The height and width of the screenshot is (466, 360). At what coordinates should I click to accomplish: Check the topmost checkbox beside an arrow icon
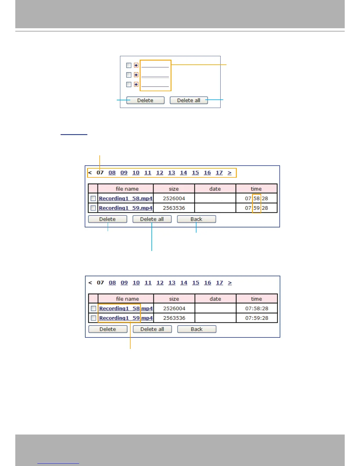click(129, 65)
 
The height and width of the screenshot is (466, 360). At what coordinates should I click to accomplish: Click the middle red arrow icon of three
click(136, 75)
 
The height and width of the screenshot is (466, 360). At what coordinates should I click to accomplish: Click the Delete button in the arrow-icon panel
click(145, 100)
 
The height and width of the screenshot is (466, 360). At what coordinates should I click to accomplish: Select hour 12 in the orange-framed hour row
click(160, 173)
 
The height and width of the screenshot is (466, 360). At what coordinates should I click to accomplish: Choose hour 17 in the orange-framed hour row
click(219, 173)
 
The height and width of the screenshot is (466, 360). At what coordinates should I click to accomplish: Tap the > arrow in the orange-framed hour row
click(230, 173)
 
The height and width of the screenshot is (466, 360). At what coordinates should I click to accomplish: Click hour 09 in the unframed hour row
click(124, 283)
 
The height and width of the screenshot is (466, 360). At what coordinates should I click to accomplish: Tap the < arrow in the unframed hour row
click(90, 283)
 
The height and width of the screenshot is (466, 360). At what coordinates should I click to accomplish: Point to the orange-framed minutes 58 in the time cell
click(256, 198)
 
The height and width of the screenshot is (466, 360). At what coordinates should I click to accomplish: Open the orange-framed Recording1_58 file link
click(119, 308)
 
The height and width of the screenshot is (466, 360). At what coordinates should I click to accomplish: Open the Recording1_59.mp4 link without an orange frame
click(126, 208)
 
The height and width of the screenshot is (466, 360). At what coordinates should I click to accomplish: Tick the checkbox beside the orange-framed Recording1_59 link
click(94, 318)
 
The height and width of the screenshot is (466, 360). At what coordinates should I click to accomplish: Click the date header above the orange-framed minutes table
click(215, 189)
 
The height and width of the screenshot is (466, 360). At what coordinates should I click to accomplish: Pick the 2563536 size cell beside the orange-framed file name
click(174, 318)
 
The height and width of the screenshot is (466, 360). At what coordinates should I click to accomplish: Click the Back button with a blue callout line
click(196, 219)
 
